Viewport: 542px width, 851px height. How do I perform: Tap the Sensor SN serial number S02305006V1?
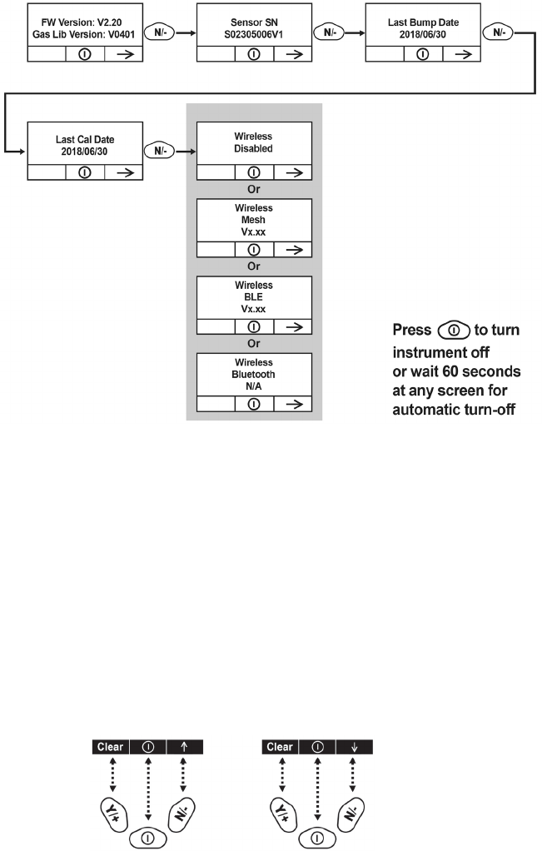coord(253,27)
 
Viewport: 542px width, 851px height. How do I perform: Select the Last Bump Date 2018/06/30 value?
coord(422,27)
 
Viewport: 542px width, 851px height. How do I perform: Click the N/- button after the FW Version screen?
coord(160,33)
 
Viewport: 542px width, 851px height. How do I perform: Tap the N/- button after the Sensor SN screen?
coord(329,33)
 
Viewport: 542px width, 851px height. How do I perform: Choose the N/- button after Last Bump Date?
coord(498,33)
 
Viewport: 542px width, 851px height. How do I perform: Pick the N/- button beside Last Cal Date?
coord(160,152)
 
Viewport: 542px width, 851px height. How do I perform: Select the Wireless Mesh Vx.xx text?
coord(253,220)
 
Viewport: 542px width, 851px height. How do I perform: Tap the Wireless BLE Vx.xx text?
coord(253,296)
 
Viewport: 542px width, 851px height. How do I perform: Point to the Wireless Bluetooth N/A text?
coord(253,374)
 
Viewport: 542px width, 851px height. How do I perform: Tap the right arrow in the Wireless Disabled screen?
coord(292,172)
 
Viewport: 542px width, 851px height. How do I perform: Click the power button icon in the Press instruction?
coord(454,331)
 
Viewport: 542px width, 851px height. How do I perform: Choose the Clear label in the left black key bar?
coord(110,747)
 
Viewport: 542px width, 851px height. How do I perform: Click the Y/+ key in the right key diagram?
coord(283,810)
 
